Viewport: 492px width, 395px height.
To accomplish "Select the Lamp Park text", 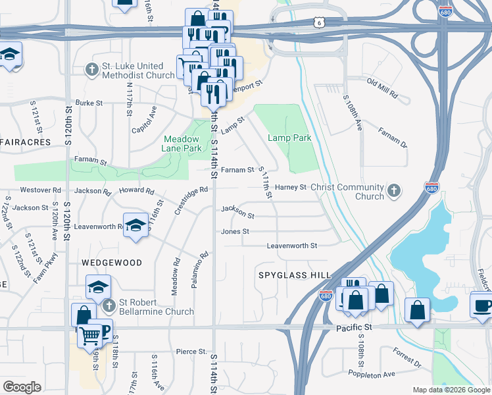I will point(289,138).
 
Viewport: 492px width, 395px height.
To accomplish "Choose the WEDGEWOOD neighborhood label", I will point(112,262).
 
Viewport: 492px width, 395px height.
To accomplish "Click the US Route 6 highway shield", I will point(320,22).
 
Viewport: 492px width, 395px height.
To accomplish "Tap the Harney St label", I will point(291,187).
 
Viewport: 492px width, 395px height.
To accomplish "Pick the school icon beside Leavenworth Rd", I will point(135,226).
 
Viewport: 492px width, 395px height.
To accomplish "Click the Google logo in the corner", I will point(22,387).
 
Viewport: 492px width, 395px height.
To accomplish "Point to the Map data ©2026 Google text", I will point(451,390).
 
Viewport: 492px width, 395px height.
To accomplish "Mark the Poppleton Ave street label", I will point(372,373).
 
